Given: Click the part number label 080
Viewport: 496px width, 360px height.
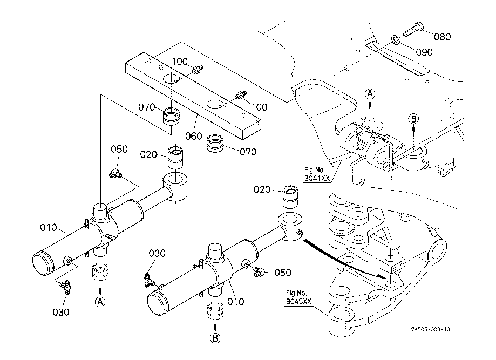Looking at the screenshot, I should coord(442,37).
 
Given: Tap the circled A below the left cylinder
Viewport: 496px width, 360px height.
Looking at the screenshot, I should coord(99,302).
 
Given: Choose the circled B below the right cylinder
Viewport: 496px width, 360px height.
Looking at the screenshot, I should coord(215,339).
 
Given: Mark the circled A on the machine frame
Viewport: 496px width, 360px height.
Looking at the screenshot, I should coord(370,94).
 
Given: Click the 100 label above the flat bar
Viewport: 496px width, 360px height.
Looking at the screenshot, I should coord(180,61).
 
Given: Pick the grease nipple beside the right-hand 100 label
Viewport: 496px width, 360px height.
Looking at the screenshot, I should coord(241,96).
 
